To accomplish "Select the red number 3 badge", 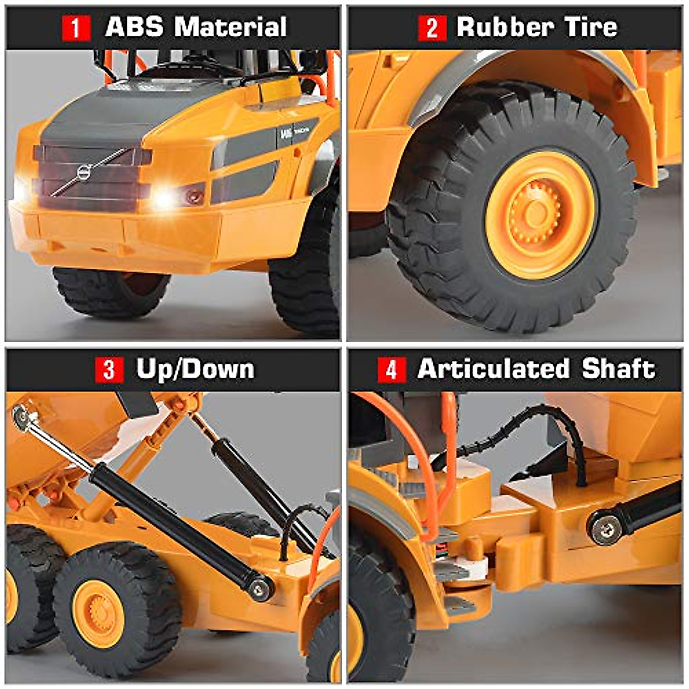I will coord(109,370).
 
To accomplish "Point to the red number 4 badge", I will coord(392,370).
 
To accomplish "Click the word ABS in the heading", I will coord(134,27).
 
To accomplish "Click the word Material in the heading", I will coord(230,27).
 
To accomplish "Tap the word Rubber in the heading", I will coord(505,27).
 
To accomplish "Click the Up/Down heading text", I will coord(195,369).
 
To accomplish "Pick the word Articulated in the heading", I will coord(493,369).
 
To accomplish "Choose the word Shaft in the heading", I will coord(618,369).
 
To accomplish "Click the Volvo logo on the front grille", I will coord(84,172).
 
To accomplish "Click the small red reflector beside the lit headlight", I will coord(193,195).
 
